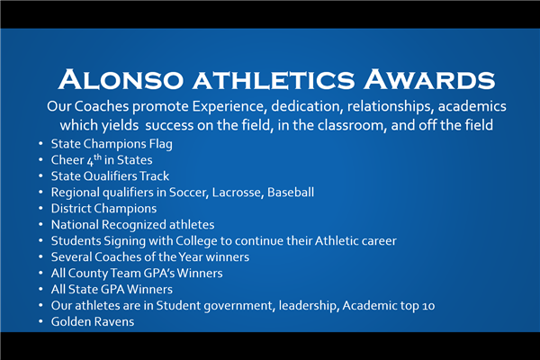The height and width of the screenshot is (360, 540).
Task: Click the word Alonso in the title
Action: point(121,79)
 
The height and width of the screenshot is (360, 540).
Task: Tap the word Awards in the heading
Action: point(429,79)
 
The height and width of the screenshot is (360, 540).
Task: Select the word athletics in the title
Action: point(274,81)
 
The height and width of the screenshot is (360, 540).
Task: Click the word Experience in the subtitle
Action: point(229,106)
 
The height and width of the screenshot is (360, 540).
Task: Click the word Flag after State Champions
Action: point(161,144)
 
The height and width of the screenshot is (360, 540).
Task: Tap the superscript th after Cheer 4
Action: point(98,157)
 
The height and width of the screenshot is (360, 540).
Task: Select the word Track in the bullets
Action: point(154,176)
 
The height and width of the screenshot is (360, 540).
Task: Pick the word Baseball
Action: point(291,193)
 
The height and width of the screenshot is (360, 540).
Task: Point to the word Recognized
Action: point(133,225)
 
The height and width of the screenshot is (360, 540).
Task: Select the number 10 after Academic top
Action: point(428,306)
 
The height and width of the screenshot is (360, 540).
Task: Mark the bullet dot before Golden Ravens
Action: point(40,322)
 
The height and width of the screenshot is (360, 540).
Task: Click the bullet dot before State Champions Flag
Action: point(40,143)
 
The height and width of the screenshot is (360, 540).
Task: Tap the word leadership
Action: point(308,306)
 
